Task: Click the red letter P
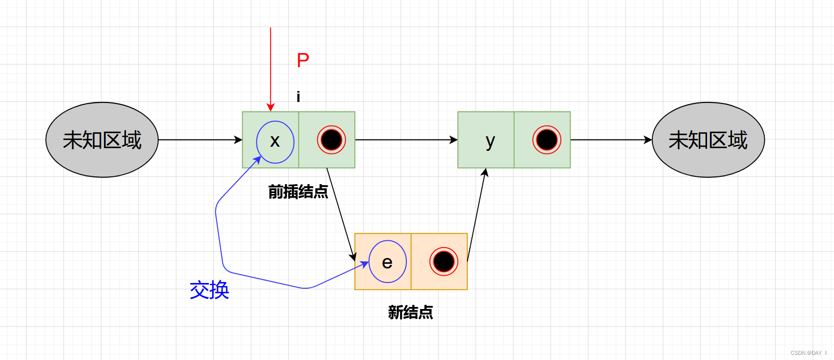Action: point(303,60)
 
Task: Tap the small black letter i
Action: point(298,97)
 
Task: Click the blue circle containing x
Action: point(275,142)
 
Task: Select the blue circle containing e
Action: point(388,262)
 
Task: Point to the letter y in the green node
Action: point(490,141)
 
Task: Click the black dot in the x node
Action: point(331,140)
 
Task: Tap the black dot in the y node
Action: point(547,140)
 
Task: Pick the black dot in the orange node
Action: point(444,262)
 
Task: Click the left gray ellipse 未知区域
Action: point(102,140)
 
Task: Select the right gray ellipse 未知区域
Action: point(708,140)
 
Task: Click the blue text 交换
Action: point(210,290)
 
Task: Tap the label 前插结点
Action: point(298,192)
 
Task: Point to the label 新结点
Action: point(410,312)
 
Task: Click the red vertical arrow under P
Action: point(271,68)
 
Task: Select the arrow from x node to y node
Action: point(406,140)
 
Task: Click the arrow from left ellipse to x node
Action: point(200,140)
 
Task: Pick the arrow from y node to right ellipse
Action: point(611,140)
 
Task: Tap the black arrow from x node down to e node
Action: point(341,213)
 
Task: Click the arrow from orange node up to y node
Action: point(477,213)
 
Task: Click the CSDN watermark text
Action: point(808,353)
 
